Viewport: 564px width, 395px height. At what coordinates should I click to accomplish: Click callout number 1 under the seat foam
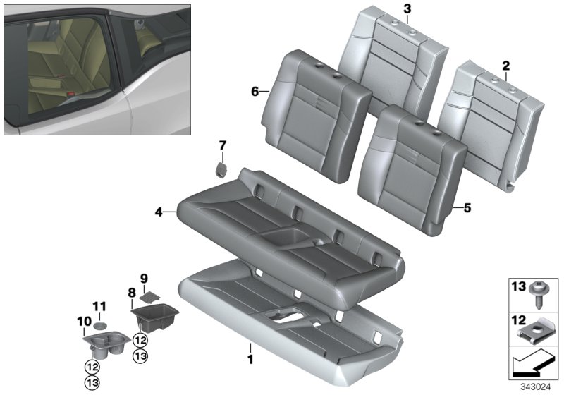[250, 348]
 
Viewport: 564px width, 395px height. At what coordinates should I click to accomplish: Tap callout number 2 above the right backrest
[505, 66]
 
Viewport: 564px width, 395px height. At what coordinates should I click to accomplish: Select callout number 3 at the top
[407, 8]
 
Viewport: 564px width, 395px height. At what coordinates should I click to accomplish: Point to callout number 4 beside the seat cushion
[159, 211]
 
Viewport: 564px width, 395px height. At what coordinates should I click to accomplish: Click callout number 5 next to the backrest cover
[467, 207]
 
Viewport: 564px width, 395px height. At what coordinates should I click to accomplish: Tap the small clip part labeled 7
[221, 169]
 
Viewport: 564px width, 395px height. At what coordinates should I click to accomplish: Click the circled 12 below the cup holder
[92, 366]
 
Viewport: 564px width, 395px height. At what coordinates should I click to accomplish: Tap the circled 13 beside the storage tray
[140, 356]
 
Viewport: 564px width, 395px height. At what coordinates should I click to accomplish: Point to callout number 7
[222, 146]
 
